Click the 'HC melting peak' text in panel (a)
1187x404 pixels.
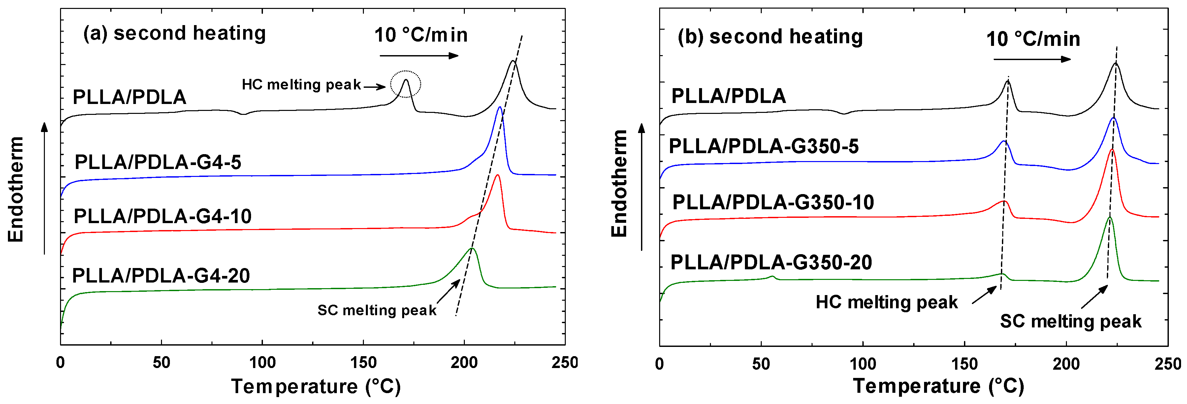tap(301, 85)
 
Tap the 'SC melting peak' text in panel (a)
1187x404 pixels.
tap(376, 310)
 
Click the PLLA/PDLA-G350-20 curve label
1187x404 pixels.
tap(771, 262)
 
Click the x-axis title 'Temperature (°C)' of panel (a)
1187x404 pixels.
tap(316, 387)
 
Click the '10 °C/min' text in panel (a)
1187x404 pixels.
tap(421, 35)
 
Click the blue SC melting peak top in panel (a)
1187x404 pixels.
tap(499, 108)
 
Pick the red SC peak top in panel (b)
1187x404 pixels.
tap(1112, 150)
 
